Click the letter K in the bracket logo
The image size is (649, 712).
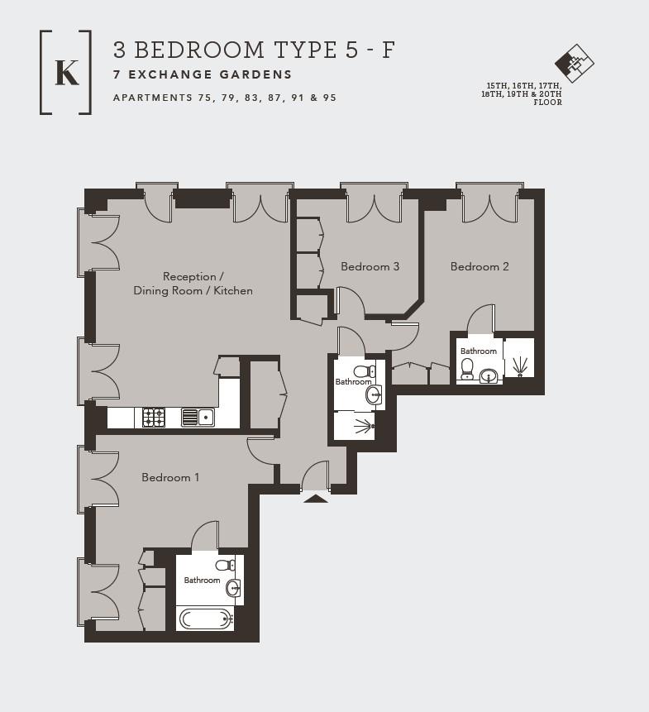[x=67, y=72]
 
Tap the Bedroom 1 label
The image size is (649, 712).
[x=170, y=477]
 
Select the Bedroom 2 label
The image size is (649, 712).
[x=480, y=266]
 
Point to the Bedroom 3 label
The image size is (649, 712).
[x=370, y=266]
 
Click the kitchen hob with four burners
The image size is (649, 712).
[x=154, y=418]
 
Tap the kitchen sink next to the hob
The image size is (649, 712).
[x=198, y=418]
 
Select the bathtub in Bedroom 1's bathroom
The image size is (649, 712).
[x=206, y=619]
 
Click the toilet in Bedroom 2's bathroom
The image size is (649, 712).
[x=467, y=369]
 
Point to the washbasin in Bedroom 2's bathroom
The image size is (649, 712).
[x=489, y=376]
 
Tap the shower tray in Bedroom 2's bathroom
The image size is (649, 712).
[x=519, y=358]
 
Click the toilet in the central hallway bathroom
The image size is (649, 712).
[x=365, y=371]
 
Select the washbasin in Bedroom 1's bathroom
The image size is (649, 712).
[x=233, y=588]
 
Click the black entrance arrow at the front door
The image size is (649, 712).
[x=316, y=499]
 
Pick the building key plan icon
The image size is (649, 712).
[x=574, y=63]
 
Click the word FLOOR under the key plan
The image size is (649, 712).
[x=548, y=103]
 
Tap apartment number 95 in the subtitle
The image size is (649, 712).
[x=330, y=98]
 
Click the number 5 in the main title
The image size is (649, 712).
[x=351, y=50]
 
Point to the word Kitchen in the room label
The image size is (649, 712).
[x=233, y=290]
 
